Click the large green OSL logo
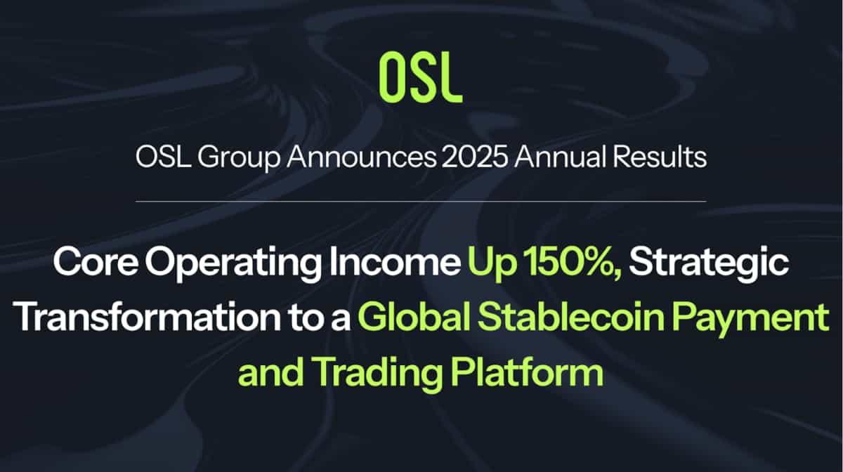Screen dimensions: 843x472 [x=421, y=78]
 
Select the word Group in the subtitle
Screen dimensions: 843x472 [x=239, y=159]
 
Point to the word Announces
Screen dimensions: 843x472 [x=362, y=157]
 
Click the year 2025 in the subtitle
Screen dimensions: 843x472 [x=475, y=157]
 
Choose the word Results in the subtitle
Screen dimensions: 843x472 [x=660, y=157]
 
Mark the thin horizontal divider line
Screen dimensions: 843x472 [x=421, y=202]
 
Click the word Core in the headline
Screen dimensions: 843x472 [x=96, y=262]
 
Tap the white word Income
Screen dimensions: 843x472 [x=395, y=261]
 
